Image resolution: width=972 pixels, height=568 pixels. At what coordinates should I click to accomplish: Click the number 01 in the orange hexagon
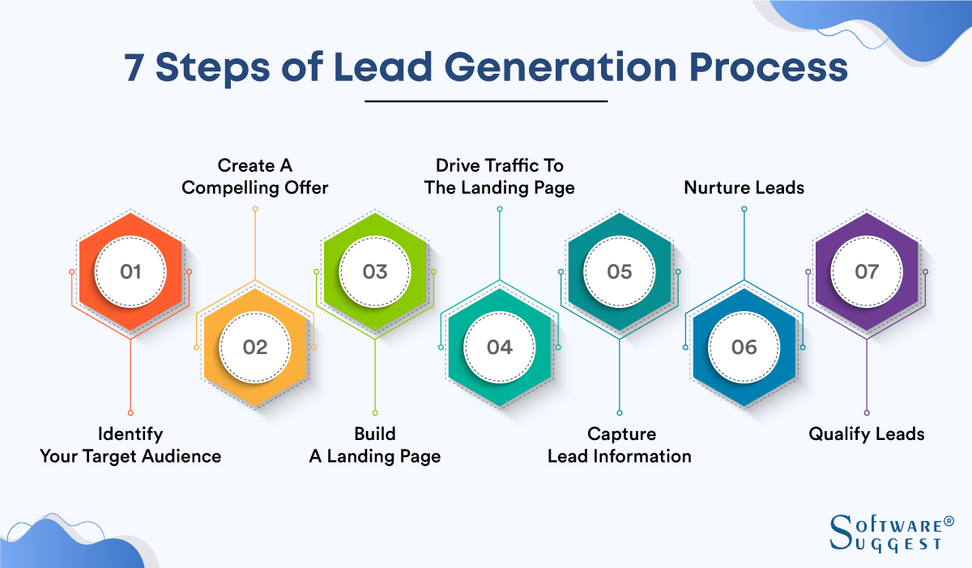click(130, 271)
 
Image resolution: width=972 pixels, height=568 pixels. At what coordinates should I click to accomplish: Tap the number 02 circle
click(254, 347)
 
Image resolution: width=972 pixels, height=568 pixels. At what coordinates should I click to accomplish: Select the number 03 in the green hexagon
click(375, 271)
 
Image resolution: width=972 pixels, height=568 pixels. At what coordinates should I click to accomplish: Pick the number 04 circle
click(499, 347)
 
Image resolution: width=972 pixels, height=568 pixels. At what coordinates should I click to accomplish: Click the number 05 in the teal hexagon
click(620, 271)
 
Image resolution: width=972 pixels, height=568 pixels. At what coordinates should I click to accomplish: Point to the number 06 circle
click(744, 347)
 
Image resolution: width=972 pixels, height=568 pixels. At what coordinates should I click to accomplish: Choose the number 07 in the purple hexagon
click(867, 271)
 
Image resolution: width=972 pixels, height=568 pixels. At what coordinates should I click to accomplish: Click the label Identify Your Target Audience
click(130, 445)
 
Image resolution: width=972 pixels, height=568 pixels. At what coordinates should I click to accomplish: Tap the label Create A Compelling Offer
click(255, 177)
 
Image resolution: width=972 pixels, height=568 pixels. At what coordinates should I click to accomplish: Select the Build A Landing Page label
click(375, 445)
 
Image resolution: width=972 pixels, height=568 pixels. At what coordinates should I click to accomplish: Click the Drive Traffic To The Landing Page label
click(500, 177)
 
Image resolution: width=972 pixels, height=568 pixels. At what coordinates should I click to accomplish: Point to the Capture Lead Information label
click(620, 445)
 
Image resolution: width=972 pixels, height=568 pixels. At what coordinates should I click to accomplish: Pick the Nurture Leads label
click(744, 188)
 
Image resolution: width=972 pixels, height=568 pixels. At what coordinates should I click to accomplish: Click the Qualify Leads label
click(867, 434)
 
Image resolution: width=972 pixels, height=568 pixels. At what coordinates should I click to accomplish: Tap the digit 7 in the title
click(134, 68)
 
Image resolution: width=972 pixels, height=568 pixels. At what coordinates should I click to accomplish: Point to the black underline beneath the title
click(486, 101)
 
